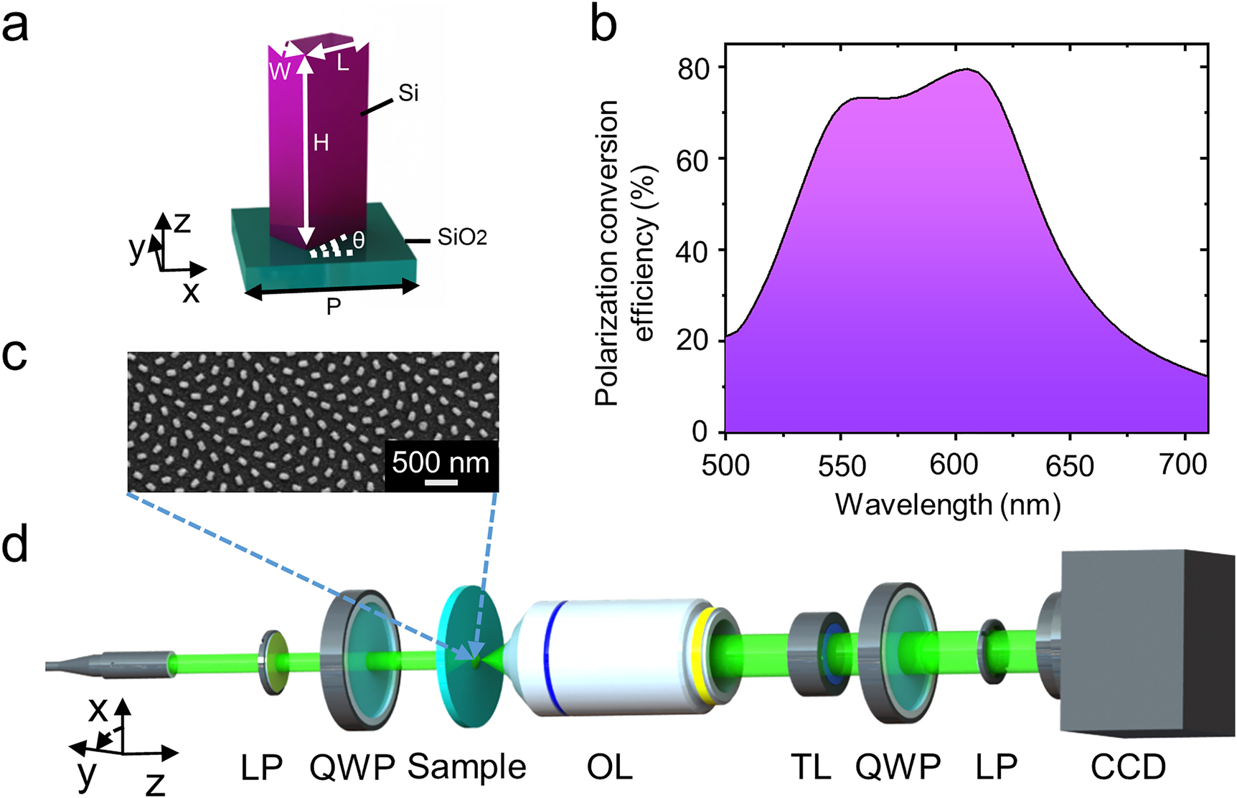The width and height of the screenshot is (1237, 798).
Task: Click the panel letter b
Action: [604, 25]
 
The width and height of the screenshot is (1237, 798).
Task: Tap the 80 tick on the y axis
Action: [693, 68]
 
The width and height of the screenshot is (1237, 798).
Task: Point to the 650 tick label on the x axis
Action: [1069, 466]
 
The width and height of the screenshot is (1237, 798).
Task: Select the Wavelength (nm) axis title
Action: [947, 505]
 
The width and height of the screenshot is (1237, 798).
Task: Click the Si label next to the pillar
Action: [408, 93]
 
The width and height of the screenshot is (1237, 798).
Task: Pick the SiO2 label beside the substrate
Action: [462, 237]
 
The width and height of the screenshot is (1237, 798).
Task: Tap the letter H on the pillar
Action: [321, 143]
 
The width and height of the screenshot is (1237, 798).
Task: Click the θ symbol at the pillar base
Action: [359, 240]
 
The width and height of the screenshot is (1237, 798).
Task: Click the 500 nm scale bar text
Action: [441, 462]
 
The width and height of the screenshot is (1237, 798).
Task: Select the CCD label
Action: [1128, 768]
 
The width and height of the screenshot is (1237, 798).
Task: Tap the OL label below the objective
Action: [609, 768]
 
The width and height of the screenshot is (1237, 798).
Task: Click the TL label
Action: [811, 768]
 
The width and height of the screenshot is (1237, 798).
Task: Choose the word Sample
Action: [466, 767]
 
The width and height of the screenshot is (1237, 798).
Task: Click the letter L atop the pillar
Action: [343, 64]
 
